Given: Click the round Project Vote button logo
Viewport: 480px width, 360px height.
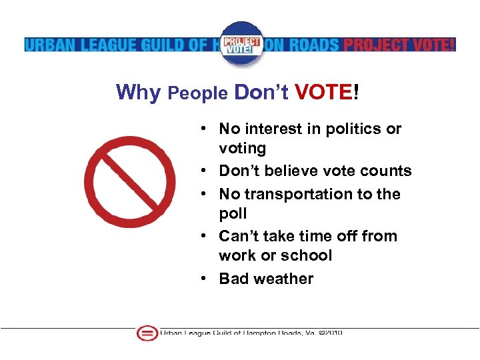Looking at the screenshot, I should pos(241,43).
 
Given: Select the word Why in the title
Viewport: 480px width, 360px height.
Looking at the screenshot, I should pos(138,93).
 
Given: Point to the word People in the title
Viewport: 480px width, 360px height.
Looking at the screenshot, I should pos(197,93).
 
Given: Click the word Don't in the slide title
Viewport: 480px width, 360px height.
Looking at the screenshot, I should pos(261,93).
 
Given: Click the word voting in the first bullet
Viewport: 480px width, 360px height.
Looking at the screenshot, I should pos(242,148).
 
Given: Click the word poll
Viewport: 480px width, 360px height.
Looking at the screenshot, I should pos(233,213).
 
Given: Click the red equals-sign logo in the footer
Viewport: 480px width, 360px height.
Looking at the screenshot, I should pos(147,333).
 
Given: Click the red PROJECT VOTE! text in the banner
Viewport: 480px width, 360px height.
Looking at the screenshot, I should pos(398,45).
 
